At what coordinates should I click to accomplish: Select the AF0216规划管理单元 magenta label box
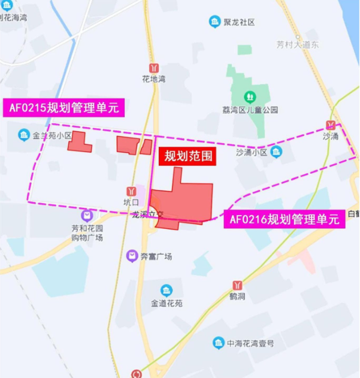pos(284,219)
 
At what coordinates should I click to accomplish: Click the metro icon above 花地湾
pos(154,67)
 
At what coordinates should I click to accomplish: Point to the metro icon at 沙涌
pos(331,125)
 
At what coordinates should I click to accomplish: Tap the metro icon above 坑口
pos(131,190)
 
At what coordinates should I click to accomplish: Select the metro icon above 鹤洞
pos(238,285)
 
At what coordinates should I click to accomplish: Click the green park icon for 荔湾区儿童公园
pos(249,96)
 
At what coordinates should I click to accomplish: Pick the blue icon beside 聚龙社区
pos(214,22)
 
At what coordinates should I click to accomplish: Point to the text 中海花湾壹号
pos(250,343)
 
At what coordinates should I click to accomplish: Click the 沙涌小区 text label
pos(252,152)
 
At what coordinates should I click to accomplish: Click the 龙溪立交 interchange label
pos(148,214)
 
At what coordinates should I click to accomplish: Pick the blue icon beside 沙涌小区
pos(276,152)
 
